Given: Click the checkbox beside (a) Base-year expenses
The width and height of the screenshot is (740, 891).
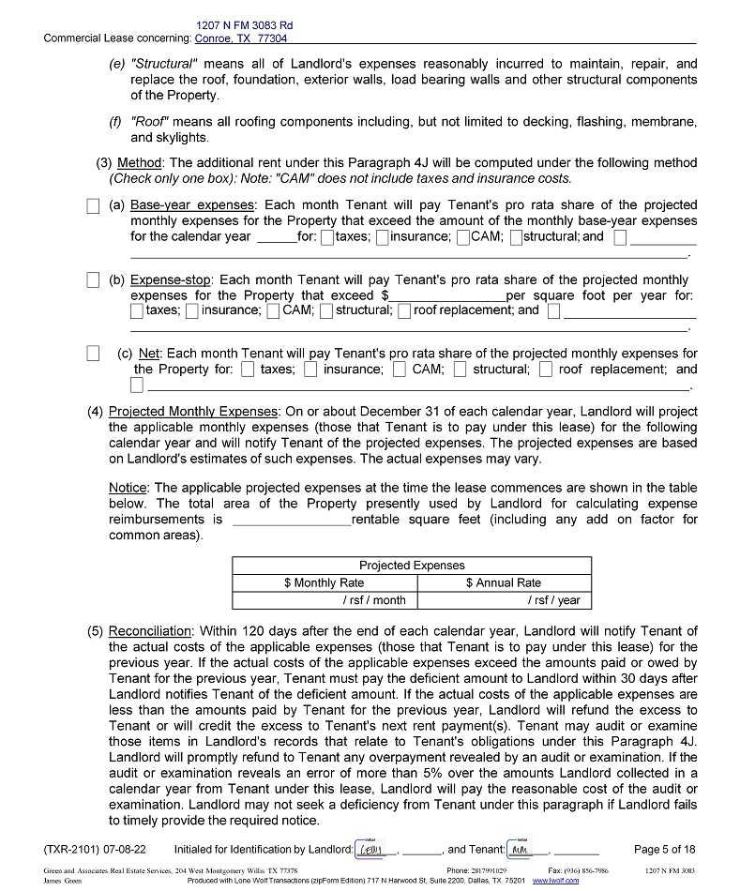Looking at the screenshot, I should (x=93, y=205).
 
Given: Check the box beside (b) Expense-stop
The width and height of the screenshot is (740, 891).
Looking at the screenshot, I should (x=93, y=279).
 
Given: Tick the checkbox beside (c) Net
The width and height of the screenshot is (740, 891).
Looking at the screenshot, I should (x=93, y=354).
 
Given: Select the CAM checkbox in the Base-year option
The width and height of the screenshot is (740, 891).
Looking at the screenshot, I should (x=463, y=237).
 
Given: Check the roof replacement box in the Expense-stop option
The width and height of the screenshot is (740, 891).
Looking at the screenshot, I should (x=403, y=311).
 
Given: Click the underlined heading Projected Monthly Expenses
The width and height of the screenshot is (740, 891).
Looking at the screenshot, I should (x=193, y=412).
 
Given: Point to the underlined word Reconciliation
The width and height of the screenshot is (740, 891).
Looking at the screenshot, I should (x=150, y=631).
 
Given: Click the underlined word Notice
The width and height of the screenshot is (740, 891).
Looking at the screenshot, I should (x=128, y=488).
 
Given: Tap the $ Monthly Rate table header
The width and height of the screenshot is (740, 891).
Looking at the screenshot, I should (x=324, y=582).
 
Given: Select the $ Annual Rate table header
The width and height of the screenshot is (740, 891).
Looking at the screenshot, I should (x=503, y=582).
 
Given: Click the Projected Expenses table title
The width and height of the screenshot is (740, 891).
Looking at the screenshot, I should (x=412, y=566).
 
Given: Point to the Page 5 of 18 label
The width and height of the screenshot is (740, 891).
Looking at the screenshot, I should (x=665, y=850).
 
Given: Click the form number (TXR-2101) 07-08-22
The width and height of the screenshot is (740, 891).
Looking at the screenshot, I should (x=95, y=850).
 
